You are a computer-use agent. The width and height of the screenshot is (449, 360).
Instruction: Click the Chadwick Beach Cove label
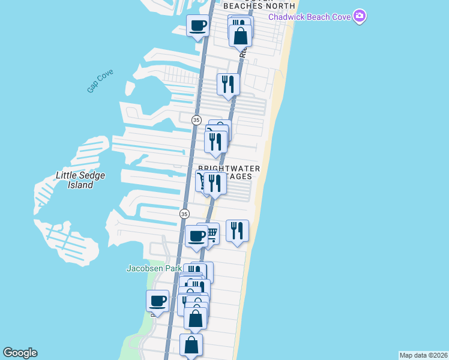click(x=309, y=17)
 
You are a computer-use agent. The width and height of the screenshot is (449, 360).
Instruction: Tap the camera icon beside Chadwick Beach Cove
click(x=360, y=16)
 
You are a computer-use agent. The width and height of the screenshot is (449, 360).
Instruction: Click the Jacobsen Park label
click(x=154, y=268)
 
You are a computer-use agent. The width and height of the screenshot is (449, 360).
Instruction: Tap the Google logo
click(x=20, y=353)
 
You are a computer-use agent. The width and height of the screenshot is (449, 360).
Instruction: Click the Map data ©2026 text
click(x=423, y=355)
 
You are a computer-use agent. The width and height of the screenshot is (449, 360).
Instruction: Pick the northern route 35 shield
click(x=196, y=120)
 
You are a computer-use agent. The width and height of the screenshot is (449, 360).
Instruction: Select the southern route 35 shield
click(x=184, y=214)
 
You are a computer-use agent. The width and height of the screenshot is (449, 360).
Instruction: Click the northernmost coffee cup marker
click(x=197, y=26)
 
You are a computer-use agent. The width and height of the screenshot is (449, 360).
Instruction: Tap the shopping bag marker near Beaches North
click(x=240, y=36)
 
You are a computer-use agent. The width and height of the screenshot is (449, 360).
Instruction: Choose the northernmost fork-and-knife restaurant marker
click(x=228, y=83)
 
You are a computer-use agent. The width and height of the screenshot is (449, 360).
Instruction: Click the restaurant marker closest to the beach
click(x=237, y=230)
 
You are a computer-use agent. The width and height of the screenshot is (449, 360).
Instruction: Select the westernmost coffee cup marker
click(x=158, y=301)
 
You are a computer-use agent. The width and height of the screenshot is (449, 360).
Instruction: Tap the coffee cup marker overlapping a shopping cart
click(x=196, y=236)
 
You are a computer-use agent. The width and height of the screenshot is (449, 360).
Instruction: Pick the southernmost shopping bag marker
click(x=191, y=345)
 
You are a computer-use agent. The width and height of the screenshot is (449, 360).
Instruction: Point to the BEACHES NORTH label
click(x=259, y=5)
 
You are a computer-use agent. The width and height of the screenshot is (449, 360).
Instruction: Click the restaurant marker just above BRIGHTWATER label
click(x=215, y=142)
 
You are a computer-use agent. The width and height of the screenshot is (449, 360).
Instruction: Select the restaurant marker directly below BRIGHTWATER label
click(x=215, y=184)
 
